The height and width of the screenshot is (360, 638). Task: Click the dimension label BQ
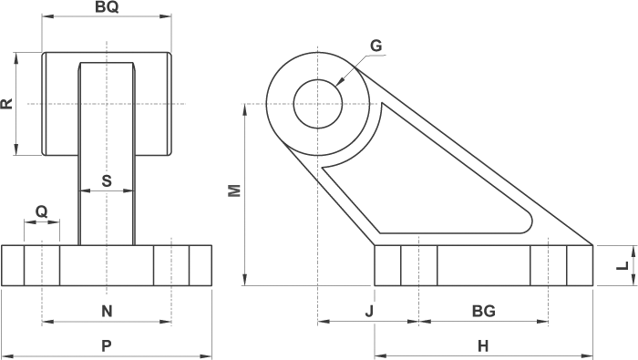coord(107,7)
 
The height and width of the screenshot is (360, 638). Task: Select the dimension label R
coord(7,104)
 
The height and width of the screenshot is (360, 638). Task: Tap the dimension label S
coord(107,180)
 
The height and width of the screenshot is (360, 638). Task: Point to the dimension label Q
coord(42,211)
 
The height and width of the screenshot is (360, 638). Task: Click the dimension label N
coord(107,311)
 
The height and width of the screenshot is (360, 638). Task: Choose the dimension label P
coord(107,345)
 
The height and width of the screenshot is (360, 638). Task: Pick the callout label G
coord(376,46)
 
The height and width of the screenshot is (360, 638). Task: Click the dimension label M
coord(235,190)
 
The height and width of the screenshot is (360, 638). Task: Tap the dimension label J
coord(369,311)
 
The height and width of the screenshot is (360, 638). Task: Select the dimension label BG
coord(484,311)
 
